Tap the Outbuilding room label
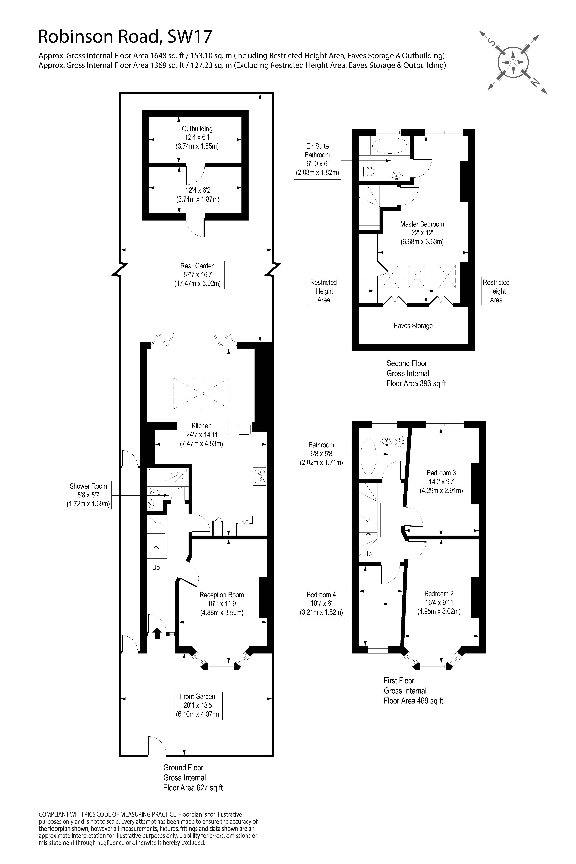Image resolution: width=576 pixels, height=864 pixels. [197, 129]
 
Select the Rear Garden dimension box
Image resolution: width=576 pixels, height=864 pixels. [198, 275]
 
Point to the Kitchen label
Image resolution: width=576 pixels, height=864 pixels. [201, 426]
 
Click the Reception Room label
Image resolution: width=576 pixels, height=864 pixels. [221, 595]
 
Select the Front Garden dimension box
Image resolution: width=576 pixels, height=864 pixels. [198, 705]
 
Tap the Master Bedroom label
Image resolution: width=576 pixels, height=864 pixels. [422, 224]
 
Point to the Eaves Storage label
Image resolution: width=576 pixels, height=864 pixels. [413, 326]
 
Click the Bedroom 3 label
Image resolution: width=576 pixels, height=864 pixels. [441, 473]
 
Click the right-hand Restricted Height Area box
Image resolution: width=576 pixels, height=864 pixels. [496, 291]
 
